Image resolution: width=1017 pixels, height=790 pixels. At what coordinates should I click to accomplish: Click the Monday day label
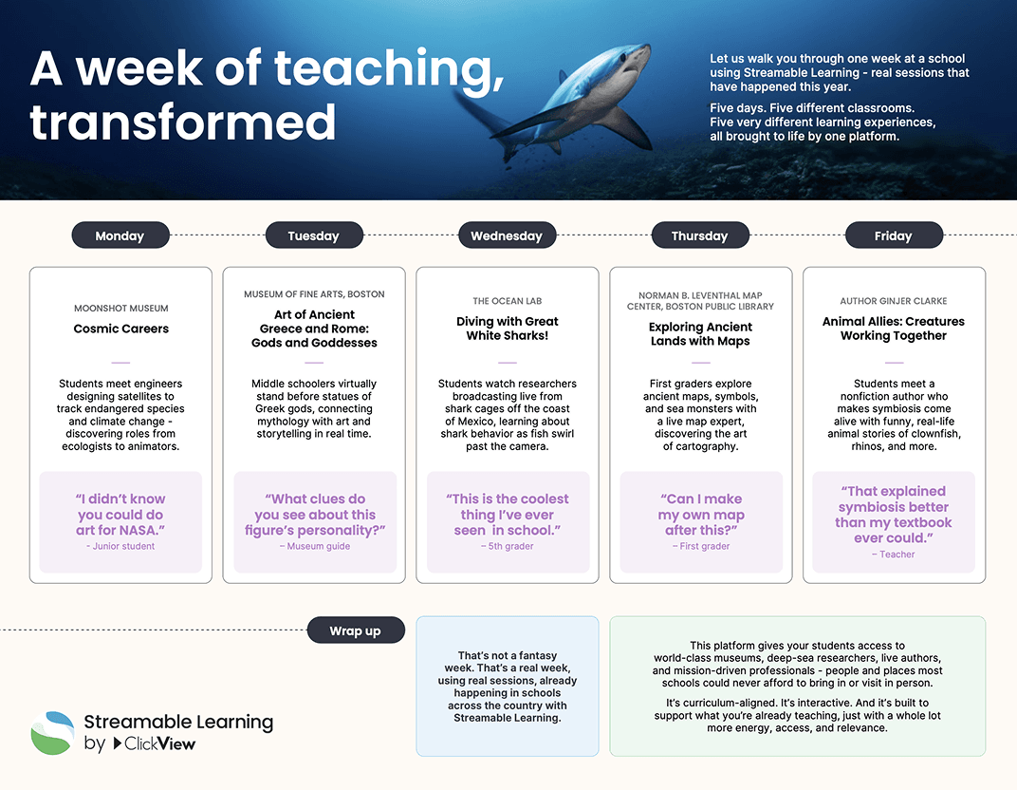(x=120, y=235)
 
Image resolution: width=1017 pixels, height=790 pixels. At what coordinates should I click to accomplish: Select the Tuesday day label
(x=313, y=235)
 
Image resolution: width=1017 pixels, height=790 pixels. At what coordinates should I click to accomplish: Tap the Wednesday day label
(x=507, y=235)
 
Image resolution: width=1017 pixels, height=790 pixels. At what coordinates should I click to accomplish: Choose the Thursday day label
(x=700, y=235)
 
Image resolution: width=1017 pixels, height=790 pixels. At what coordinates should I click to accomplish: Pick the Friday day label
(x=893, y=235)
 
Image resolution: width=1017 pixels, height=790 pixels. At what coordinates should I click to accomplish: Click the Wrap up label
(x=355, y=630)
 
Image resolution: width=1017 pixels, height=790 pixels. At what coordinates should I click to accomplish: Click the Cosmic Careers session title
(x=121, y=329)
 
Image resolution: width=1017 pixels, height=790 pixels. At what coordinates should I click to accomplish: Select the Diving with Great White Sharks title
(x=508, y=329)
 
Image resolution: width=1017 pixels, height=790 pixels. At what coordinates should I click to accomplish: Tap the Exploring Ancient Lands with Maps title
(x=700, y=334)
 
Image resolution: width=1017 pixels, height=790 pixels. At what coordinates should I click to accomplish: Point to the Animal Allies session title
(x=894, y=329)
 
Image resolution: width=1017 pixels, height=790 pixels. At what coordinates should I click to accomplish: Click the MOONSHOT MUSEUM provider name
(x=121, y=309)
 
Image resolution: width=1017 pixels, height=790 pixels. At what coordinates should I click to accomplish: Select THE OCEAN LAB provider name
(x=508, y=302)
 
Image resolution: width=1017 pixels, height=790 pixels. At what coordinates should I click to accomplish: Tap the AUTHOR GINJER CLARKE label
(x=894, y=302)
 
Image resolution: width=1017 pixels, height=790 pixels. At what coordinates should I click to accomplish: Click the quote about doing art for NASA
(x=120, y=515)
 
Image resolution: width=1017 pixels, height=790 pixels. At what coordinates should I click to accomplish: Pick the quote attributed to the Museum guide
(x=314, y=515)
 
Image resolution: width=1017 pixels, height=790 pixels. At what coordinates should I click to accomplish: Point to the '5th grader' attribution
(x=508, y=546)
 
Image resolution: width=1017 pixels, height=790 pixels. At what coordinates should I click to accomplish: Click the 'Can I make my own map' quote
(x=701, y=515)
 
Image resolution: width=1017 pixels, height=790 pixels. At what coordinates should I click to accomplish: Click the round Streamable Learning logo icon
(x=52, y=733)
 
